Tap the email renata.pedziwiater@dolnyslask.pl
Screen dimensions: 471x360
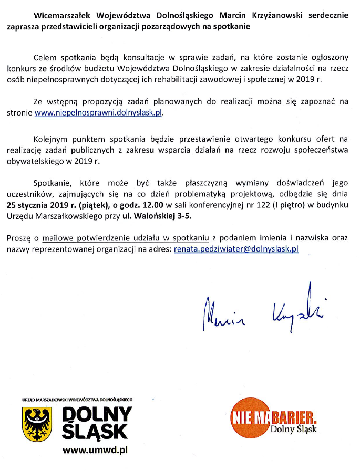pyautogui.click(x=236, y=249)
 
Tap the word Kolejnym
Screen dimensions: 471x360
pyautogui.click(x=52, y=139)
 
